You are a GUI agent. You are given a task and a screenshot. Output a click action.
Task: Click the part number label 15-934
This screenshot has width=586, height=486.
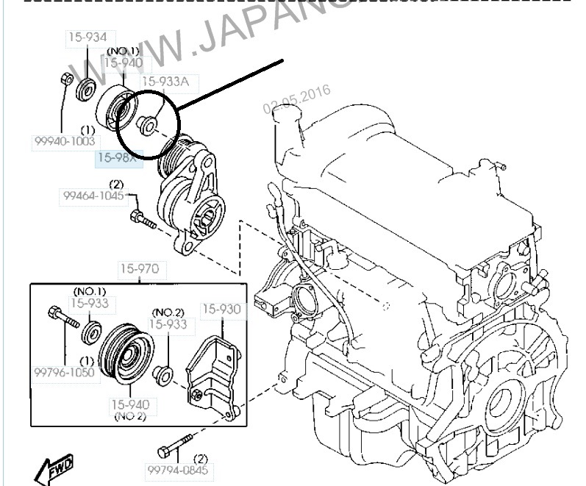[87, 37]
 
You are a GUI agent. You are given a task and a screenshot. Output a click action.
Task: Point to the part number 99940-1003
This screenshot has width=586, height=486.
[64, 141]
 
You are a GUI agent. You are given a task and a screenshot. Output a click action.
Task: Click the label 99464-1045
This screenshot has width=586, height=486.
[93, 196]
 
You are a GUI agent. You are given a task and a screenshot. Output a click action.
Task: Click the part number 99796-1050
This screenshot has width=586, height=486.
[64, 373]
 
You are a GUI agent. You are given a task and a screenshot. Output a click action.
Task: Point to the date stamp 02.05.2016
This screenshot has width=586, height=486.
[297, 100]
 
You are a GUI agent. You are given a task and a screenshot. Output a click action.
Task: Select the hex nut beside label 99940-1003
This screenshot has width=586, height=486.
[66, 77]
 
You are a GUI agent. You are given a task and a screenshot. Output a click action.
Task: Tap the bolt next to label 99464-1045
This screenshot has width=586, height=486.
[141, 218]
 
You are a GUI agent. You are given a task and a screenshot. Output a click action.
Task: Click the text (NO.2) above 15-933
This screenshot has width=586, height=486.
[168, 312]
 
